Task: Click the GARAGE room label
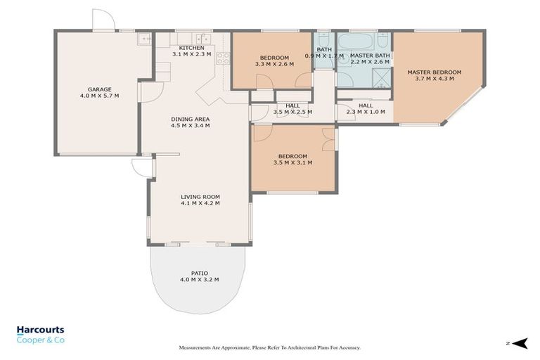pyautogui.click(x=100, y=89)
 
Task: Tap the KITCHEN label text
pyautogui.click(x=191, y=48)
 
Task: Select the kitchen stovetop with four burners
pyautogui.click(x=222, y=59)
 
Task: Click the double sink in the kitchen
pyautogui.click(x=202, y=39)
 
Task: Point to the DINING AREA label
pyautogui.click(x=191, y=119)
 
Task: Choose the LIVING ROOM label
pyautogui.click(x=200, y=196)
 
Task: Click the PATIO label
pyautogui.click(x=199, y=273)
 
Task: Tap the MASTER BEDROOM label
pyautogui.click(x=435, y=72)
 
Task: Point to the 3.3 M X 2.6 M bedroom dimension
pyautogui.click(x=274, y=64)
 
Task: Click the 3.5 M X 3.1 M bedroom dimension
pyautogui.click(x=292, y=162)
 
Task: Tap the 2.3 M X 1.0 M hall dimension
pyautogui.click(x=366, y=111)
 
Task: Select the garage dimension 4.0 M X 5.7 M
pyautogui.click(x=100, y=96)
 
